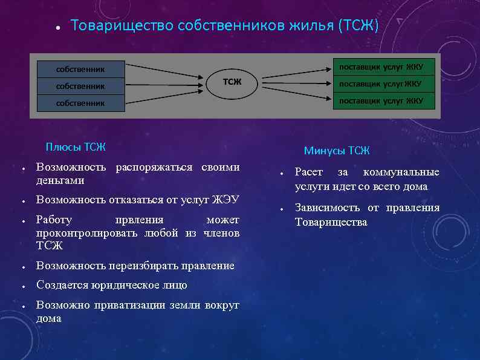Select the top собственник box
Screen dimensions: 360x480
click(x=80, y=69)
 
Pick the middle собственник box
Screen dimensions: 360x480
click(x=80, y=86)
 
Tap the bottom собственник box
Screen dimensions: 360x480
click(x=80, y=103)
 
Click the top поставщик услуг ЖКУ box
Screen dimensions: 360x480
click(x=384, y=67)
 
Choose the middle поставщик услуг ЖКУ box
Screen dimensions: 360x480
click(x=384, y=83)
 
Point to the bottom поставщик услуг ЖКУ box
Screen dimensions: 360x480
click(x=384, y=100)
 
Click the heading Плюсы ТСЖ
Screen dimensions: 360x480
click(x=76, y=146)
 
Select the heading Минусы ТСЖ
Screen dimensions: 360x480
click(x=337, y=151)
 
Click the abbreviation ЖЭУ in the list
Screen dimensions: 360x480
click(x=225, y=200)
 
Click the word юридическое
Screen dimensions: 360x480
click(x=126, y=284)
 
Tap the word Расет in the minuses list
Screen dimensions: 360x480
click(x=309, y=172)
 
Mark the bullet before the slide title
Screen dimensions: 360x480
click(x=56, y=28)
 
